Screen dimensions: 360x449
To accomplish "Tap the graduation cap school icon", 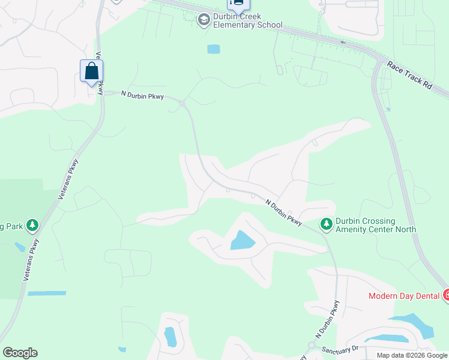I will tap(204, 20).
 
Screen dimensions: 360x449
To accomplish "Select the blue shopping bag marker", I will tap(91, 71).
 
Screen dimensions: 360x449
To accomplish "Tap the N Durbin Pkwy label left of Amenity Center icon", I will tap(284, 212).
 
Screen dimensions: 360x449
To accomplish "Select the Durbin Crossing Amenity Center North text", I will tap(375, 225).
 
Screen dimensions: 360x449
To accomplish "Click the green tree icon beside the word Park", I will tap(32, 226).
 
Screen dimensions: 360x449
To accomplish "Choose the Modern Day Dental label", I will tap(404, 296).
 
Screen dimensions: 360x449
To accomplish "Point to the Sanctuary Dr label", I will tap(339, 349).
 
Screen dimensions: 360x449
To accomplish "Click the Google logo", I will tap(20, 353).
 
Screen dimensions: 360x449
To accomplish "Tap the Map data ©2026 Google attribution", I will tap(412, 355).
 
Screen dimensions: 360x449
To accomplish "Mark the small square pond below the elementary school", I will tap(213, 49).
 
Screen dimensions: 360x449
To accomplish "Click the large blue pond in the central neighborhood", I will tap(243, 241).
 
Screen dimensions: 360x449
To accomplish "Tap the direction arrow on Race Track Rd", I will tap(343, 43).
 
